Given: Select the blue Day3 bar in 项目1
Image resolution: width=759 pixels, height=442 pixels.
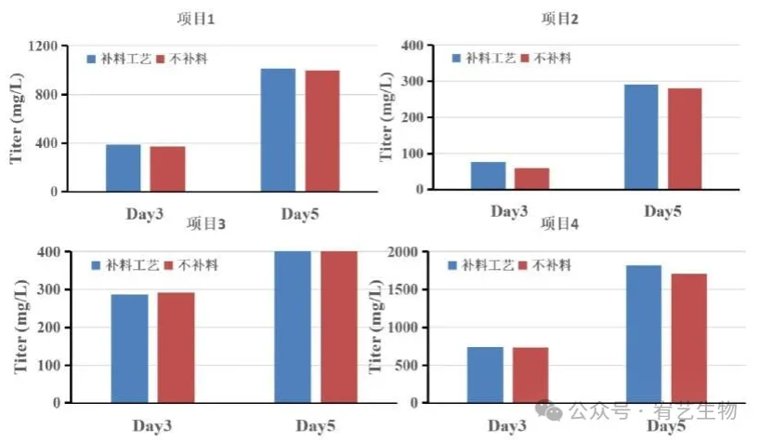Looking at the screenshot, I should pyautogui.click(x=123, y=167).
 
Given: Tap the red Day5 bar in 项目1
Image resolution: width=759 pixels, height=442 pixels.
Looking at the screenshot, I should pyautogui.click(x=322, y=130).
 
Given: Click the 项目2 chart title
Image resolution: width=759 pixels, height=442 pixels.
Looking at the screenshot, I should pyautogui.click(x=560, y=19).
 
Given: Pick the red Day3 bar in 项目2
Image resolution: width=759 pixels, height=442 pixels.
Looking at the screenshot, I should pyautogui.click(x=532, y=178).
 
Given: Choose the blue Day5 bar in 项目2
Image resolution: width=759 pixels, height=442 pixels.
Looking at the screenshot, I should pyautogui.click(x=641, y=137).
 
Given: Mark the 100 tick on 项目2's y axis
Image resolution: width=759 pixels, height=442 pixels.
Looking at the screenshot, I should pyautogui.click(x=412, y=154).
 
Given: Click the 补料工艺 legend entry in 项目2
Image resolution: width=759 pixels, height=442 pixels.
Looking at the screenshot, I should pyautogui.click(x=483, y=58).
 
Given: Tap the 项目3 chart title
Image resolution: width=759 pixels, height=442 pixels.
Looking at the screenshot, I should pyautogui.click(x=206, y=224).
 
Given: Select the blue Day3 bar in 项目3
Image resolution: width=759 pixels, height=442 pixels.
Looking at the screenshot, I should pyautogui.click(x=129, y=348).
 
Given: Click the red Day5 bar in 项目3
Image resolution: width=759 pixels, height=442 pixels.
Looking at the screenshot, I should pyautogui.click(x=339, y=327).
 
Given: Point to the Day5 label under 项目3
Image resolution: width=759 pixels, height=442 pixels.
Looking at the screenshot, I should pyautogui.click(x=315, y=426).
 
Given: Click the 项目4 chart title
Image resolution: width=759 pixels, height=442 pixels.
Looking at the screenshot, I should pyautogui.click(x=560, y=224).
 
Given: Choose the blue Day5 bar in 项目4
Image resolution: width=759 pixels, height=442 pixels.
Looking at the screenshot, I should pyautogui.click(x=644, y=334).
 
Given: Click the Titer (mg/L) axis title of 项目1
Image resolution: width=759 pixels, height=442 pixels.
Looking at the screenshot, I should pyautogui.click(x=17, y=118).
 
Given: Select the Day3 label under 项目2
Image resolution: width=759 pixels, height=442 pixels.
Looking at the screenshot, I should pyautogui.click(x=509, y=211).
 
